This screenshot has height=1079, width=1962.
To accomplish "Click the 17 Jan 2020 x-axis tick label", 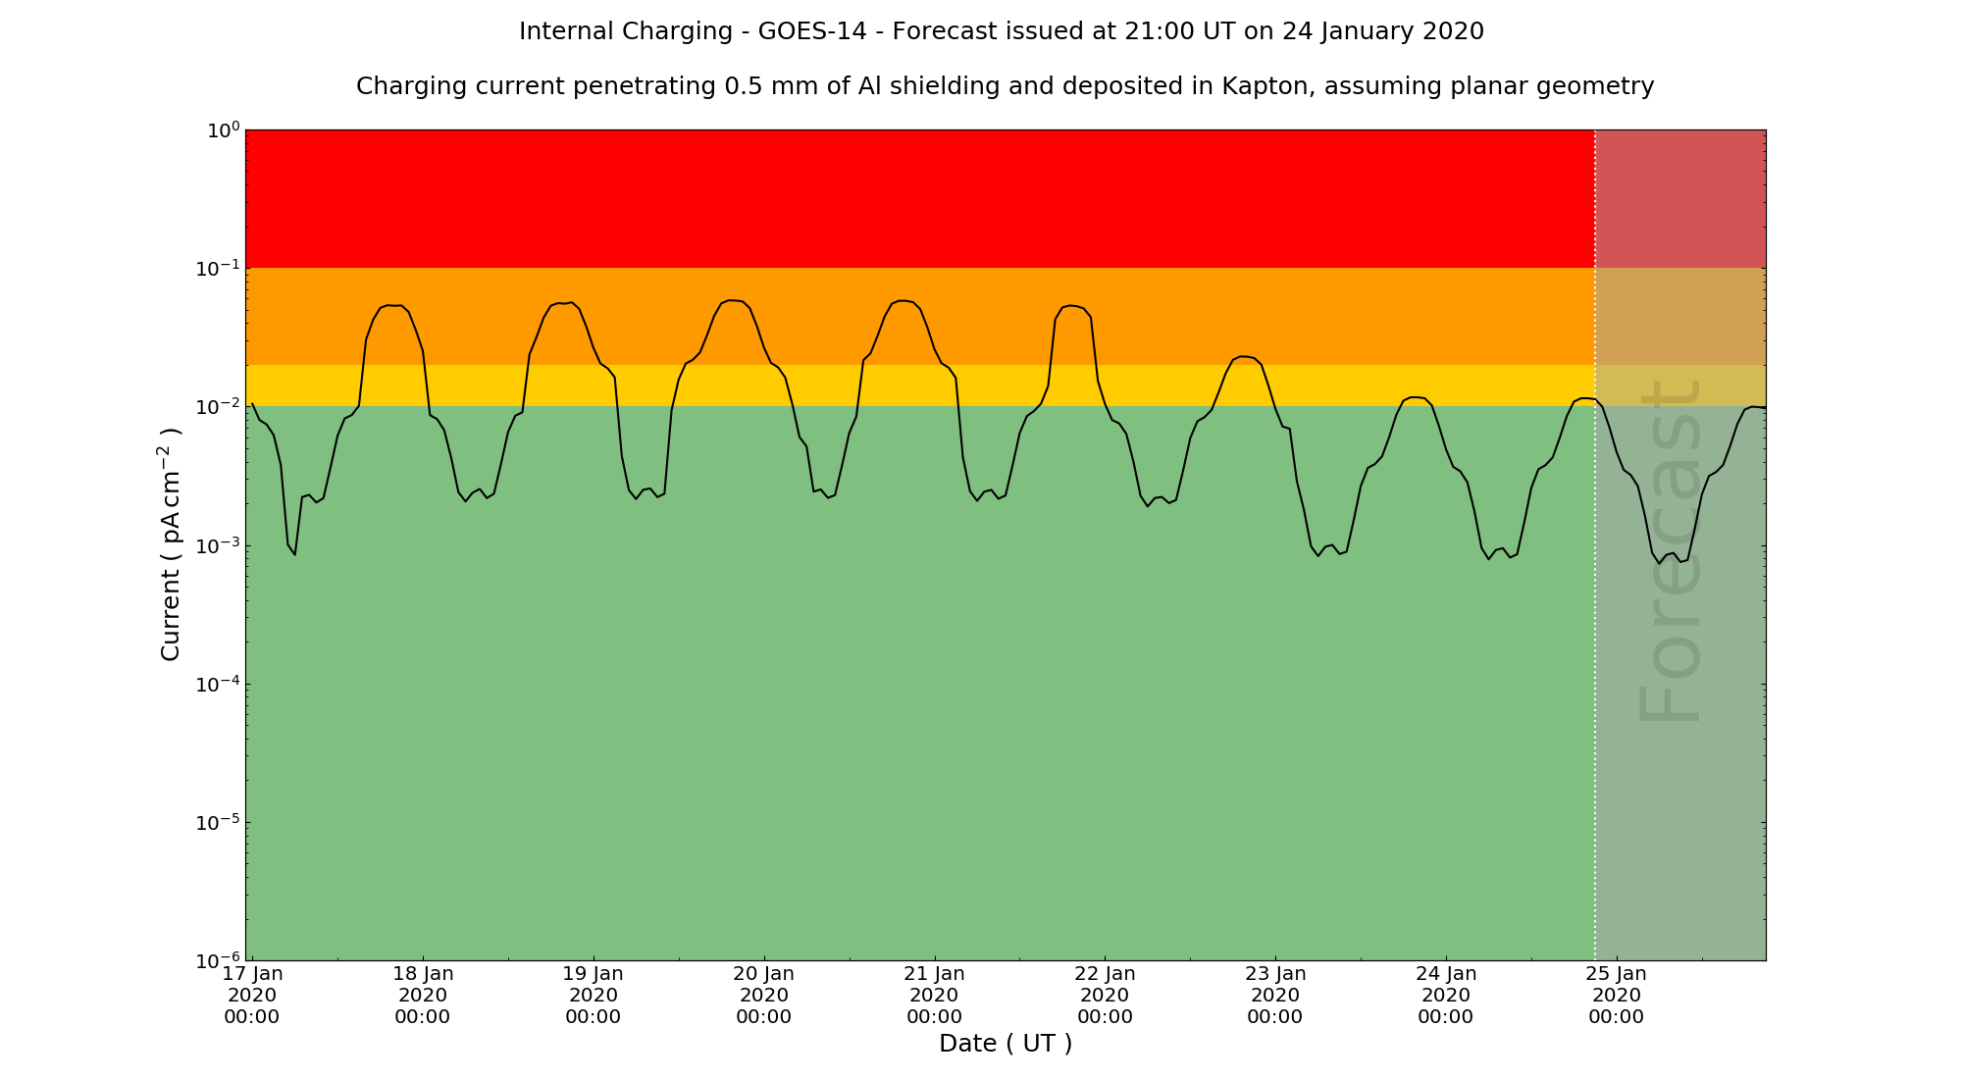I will pyautogui.click(x=252, y=995).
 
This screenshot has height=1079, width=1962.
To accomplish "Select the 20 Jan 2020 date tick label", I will pyautogui.click(x=763, y=995).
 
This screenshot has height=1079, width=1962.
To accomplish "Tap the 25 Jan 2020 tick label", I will pyautogui.click(x=1616, y=995).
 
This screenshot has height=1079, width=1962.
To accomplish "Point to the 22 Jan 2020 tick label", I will pyautogui.click(x=1105, y=995).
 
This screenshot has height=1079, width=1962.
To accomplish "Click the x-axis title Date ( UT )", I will pyautogui.click(x=1006, y=1044).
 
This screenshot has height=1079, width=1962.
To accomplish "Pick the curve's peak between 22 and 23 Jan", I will pyautogui.click(x=1243, y=356).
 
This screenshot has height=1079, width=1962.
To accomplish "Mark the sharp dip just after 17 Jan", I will pyautogui.click(x=294, y=555).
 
